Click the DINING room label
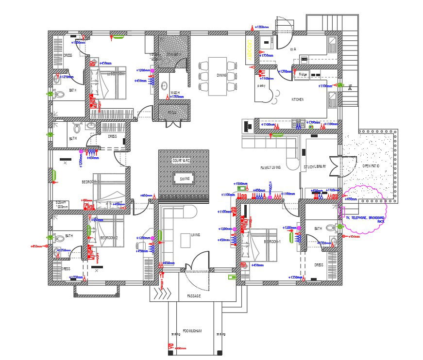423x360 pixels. [x=221, y=75]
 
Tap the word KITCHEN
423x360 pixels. [x=298, y=99]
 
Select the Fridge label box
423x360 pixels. [x=303, y=74]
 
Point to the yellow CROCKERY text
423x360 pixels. [x=249, y=50]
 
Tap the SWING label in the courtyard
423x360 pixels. [x=185, y=179]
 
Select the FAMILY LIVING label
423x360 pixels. [x=271, y=167]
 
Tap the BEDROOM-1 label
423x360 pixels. [x=272, y=241]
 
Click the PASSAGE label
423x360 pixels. [x=194, y=295]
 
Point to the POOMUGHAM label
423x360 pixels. [x=192, y=331]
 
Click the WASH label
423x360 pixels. [x=175, y=92]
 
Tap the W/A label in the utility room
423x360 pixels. [x=293, y=49]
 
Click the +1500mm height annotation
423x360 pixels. [x=241, y=184]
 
